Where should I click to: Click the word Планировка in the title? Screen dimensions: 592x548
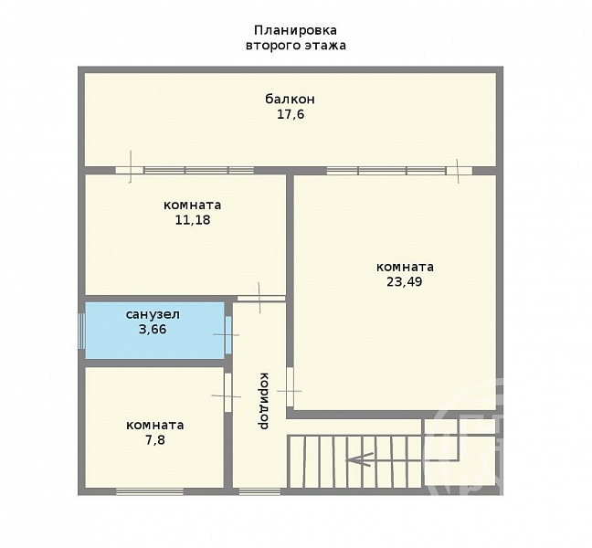coord(296,30)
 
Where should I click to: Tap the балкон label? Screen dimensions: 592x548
coord(290,99)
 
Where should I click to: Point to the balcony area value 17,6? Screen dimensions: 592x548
coord(291,114)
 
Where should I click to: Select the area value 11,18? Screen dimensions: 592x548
coord(193,220)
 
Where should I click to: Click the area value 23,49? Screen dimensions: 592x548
coord(405,282)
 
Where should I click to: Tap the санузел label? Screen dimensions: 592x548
coord(153,314)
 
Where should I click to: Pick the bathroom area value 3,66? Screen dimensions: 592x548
coord(153,330)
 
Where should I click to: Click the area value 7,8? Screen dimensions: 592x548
coord(155,440)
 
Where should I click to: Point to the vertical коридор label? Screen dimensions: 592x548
coord(263,401)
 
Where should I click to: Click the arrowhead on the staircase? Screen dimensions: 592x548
coord(359,458)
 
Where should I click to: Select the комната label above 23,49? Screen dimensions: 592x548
coord(405,268)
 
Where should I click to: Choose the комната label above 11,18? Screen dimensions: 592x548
coord(192,205)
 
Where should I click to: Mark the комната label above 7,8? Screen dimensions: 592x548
coord(154,426)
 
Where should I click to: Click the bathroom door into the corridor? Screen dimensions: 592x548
coord(228,335)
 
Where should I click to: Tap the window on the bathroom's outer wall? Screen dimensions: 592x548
coord(81,331)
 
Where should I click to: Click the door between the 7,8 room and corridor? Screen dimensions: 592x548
coord(227,393)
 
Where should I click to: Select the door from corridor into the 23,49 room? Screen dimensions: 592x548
coord(290,387)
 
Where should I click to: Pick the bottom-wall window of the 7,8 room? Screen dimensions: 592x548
coord(150,491)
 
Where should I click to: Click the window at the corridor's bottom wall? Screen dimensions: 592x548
coord(259,491)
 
